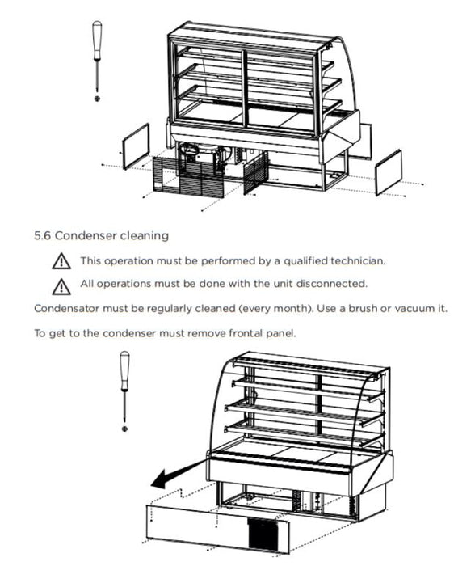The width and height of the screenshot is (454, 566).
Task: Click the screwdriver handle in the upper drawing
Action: click(x=97, y=40)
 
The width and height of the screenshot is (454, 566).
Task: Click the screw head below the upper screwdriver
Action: click(x=97, y=99)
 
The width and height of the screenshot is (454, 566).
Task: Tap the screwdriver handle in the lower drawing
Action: click(x=124, y=370)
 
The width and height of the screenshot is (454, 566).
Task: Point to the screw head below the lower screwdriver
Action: click(x=124, y=429)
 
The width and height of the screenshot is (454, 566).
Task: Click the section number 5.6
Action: click(x=43, y=236)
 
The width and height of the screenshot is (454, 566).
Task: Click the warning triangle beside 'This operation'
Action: click(x=61, y=261)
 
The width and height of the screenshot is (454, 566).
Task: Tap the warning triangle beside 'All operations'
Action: click(x=61, y=286)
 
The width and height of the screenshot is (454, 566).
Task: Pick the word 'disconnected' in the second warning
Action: click(x=331, y=284)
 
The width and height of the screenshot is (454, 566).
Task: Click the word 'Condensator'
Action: click(x=67, y=309)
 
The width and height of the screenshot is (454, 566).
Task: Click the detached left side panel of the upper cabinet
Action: click(x=136, y=146)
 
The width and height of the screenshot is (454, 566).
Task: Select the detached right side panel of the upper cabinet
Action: click(x=389, y=172)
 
